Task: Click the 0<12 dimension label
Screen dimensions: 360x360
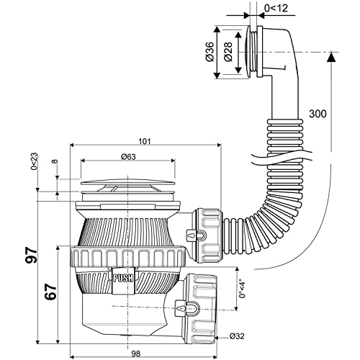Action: click(276, 9)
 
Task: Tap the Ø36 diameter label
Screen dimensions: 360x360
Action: click(210, 52)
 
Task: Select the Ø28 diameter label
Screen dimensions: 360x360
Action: click(228, 52)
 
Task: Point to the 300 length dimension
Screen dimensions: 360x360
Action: click(318, 114)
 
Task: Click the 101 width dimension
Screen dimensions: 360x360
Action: click(145, 141)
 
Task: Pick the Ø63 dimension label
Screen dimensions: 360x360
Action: click(128, 157)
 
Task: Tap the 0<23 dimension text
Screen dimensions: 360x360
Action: click(35, 161)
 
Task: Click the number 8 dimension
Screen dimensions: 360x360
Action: click(55, 161)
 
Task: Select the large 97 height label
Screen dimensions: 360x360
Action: click(32, 255)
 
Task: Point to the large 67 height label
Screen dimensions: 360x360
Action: click(50, 292)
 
